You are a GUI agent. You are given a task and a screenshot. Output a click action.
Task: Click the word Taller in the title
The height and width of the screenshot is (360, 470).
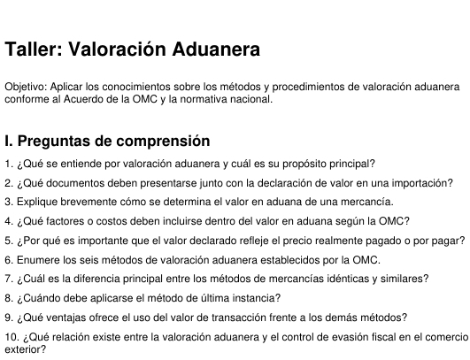[x=34, y=50]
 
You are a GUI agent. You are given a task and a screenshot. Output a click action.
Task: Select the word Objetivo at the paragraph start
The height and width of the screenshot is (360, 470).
[x=27, y=87]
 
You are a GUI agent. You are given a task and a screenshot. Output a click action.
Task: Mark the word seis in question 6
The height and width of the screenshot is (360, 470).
[x=93, y=260]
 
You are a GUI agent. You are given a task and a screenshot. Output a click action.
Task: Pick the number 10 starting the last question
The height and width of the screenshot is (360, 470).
[x=10, y=337]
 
